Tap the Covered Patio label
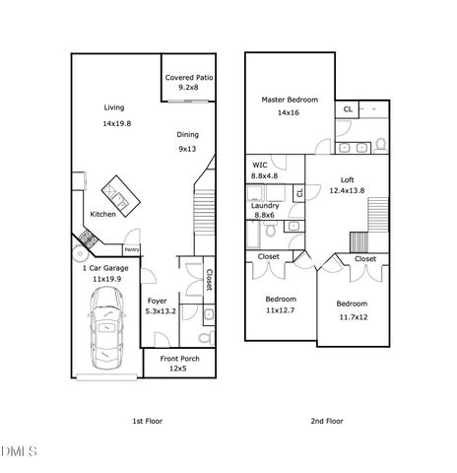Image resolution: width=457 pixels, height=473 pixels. (189, 77)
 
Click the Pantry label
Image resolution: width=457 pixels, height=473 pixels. (132, 250)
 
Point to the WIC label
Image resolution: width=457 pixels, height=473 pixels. (260, 165)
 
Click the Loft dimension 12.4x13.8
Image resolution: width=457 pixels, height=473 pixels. (346, 190)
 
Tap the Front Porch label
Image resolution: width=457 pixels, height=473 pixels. (178, 358)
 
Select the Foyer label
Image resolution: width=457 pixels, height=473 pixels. (157, 301)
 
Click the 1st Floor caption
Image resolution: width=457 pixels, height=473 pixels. (148, 421)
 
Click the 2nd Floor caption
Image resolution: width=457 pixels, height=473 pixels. (328, 421)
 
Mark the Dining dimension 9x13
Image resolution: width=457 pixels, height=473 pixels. (187, 149)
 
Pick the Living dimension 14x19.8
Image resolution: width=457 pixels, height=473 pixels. (116, 123)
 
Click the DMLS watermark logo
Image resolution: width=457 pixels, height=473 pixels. (19, 452)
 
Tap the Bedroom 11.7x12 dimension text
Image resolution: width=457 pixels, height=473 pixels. (352, 317)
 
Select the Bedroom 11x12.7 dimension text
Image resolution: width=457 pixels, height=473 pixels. (280, 310)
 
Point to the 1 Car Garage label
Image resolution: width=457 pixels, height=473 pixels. (104, 268)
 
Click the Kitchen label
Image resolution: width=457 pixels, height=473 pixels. (103, 214)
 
